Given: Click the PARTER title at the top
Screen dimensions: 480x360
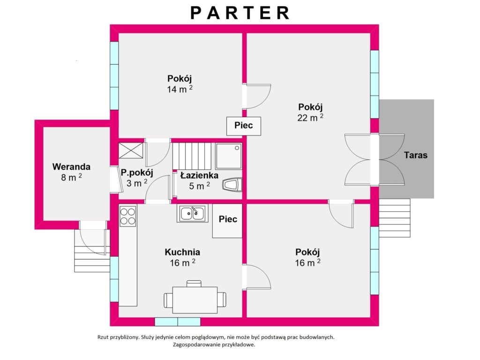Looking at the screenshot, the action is [x=240, y=13].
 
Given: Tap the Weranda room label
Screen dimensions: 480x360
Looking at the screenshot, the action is [x=71, y=167].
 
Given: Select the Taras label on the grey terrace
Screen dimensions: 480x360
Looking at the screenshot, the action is [x=415, y=155].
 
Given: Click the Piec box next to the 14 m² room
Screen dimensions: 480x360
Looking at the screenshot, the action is [x=244, y=126].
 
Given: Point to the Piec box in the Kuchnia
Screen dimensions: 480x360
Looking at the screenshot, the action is [x=227, y=221].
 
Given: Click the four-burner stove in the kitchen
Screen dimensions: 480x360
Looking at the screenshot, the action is [x=127, y=216].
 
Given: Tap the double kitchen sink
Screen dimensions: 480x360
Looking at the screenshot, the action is [x=192, y=213].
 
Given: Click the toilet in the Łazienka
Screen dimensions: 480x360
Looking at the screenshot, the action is [x=232, y=185].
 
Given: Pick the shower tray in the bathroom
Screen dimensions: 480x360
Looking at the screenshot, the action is [x=229, y=156].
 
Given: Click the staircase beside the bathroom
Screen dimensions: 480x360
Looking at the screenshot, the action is [x=192, y=156].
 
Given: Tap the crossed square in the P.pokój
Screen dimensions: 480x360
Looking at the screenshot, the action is [x=131, y=150].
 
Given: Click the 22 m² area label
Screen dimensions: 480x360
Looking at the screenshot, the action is [x=310, y=118].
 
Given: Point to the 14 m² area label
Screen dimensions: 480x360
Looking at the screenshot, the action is [x=180, y=89].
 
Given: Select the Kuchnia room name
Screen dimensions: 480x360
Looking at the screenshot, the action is [x=182, y=252].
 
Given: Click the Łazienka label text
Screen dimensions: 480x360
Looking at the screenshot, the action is [x=199, y=175].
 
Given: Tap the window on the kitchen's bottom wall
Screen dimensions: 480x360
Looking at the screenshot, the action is [x=178, y=322].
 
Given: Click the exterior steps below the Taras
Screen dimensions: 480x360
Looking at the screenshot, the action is [x=395, y=218].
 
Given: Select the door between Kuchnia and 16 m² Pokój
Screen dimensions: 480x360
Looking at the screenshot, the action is [x=256, y=277].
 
